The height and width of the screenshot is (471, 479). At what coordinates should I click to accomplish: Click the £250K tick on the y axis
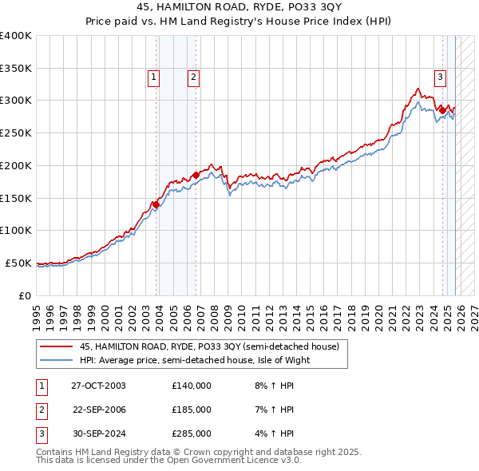tap(15, 133)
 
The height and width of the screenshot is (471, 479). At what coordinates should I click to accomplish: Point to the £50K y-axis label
tap(18, 263)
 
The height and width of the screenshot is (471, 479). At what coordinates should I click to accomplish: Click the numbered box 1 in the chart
tap(152, 77)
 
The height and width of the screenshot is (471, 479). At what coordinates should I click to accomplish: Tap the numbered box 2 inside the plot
tap(193, 77)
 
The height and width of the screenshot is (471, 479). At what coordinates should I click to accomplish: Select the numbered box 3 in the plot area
tap(439, 77)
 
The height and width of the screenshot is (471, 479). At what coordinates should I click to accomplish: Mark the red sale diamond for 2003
tap(156, 205)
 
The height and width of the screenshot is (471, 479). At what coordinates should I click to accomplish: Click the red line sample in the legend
tap(56, 346)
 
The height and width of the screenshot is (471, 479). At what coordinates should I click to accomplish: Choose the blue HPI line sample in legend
tap(56, 360)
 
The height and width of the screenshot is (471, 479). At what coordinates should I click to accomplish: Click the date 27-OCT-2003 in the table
tap(98, 386)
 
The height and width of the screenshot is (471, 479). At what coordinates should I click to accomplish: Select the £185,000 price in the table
tap(192, 410)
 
